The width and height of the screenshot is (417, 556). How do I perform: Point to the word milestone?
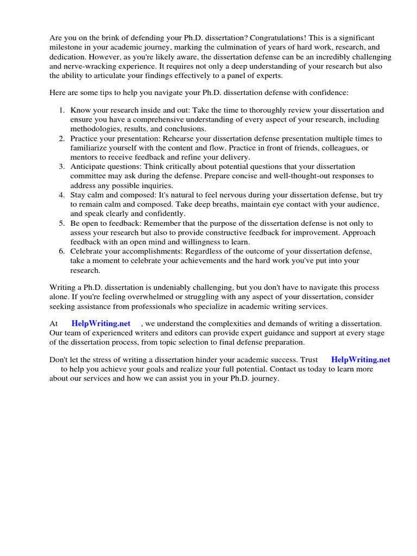tap(67, 47)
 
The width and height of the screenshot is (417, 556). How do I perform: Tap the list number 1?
tap(62, 110)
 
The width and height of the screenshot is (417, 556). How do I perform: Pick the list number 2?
tap(62, 139)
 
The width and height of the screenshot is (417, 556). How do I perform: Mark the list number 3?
tap(62, 167)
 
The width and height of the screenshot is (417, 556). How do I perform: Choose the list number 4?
tap(62, 195)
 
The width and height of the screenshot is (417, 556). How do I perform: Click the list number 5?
tap(62, 223)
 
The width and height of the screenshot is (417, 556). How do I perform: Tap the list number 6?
tap(62, 251)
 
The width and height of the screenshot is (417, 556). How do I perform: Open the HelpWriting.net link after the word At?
tap(101, 324)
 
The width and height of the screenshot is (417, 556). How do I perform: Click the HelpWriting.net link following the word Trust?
tap(361, 360)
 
